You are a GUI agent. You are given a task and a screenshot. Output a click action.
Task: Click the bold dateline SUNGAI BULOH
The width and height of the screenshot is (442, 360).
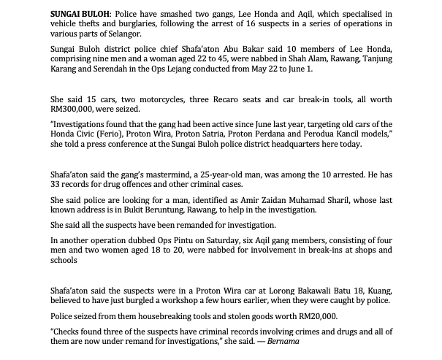tap(80, 14)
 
